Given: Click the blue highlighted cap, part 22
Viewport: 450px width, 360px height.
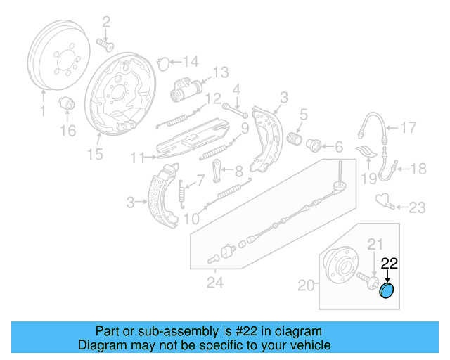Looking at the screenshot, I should [x=387, y=291].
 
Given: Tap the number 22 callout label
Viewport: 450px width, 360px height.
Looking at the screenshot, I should [x=389, y=264].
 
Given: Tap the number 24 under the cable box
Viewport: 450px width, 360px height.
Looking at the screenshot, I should [x=215, y=283].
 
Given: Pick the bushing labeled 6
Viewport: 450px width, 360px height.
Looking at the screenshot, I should [x=314, y=146].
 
